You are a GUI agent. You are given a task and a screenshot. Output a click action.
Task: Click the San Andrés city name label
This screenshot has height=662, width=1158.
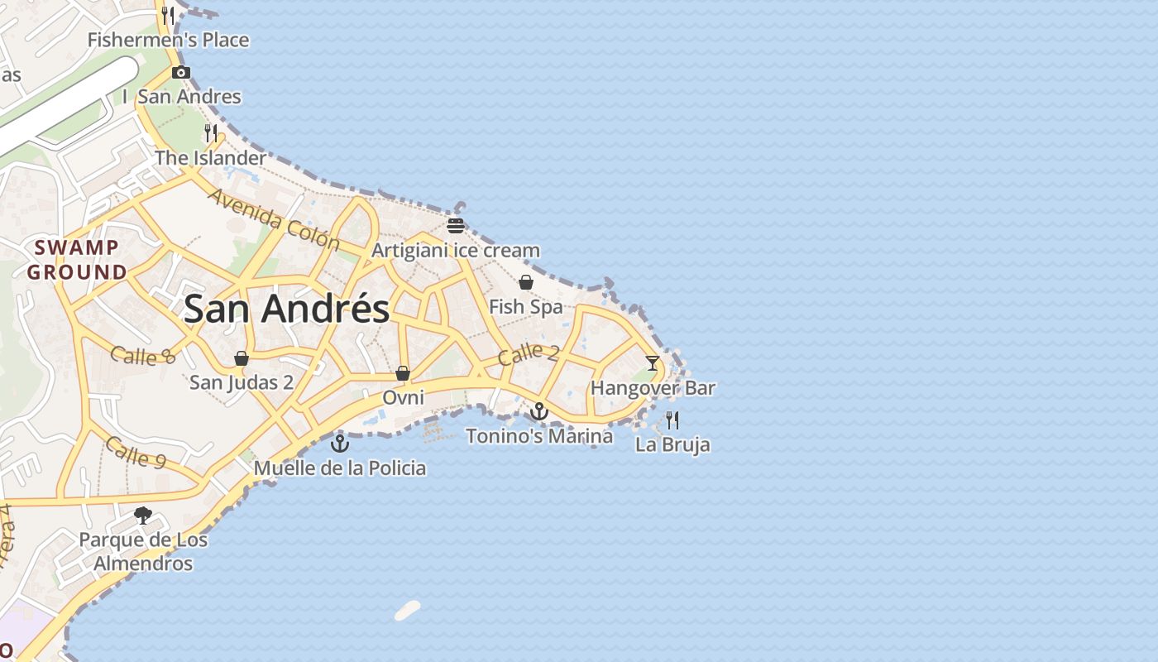(x=286, y=309)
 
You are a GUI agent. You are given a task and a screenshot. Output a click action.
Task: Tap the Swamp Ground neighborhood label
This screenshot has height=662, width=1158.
(x=77, y=260)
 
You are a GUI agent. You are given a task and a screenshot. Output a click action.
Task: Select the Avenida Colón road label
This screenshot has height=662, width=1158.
(x=274, y=219)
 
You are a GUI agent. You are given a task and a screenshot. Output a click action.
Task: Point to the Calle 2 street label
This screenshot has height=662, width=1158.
(x=529, y=354)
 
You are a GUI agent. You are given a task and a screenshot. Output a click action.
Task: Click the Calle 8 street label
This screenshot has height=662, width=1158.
(x=144, y=355)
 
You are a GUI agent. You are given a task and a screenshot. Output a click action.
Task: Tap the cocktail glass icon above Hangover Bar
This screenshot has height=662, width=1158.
(x=653, y=362)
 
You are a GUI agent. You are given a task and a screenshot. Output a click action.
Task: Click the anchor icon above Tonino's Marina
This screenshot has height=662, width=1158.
(x=539, y=410)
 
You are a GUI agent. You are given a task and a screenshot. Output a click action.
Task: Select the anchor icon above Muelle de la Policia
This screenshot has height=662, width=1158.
(x=340, y=443)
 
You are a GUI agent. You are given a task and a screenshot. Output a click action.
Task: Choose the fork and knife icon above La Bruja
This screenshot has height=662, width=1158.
(x=672, y=420)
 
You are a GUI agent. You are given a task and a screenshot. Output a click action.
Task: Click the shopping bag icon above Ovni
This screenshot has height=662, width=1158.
(x=403, y=373)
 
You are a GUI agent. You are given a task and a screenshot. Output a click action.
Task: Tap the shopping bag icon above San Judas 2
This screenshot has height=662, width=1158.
(x=242, y=358)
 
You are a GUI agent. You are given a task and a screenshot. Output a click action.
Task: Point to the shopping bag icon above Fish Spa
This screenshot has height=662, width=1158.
(x=526, y=282)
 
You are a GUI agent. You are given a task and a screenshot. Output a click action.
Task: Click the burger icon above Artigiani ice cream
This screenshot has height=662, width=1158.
(x=455, y=225)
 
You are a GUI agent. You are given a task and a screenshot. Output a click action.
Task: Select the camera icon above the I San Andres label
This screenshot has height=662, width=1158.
(x=181, y=73)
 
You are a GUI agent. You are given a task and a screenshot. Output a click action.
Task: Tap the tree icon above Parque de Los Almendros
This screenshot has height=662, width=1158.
(x=143, y=516)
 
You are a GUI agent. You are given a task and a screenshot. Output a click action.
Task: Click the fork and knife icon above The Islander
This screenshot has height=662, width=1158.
(x=211, y=132)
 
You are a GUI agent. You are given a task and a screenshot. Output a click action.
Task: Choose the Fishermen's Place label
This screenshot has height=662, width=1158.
(x=168, y=40)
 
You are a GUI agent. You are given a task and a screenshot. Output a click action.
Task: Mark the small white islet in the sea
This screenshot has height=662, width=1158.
(x=407, y=611)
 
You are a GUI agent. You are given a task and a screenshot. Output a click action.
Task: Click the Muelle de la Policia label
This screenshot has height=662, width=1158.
(x=340, y=468)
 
